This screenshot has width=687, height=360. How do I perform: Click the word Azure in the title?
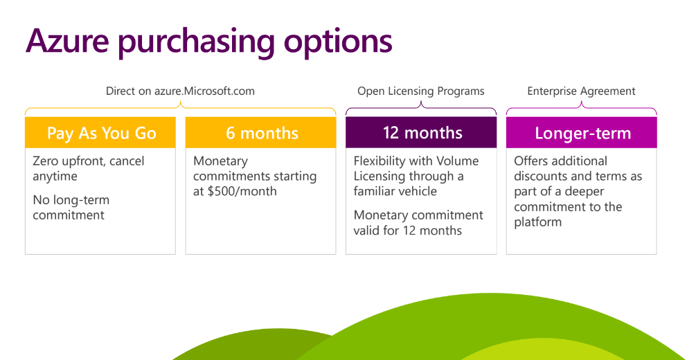(x=67, y=41)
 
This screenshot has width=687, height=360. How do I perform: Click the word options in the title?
(x=338, y=42)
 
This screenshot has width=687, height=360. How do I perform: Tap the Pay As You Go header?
(x=100, y=132)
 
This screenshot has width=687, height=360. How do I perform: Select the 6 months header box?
(x=260, y=132)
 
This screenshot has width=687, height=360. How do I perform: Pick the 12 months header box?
(x=421, y=132)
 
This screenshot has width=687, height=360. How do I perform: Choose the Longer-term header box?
(x=582, y=132)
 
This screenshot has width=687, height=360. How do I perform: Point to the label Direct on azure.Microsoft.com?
(x=180, y=91)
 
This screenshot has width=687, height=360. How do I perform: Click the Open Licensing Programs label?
(x=421, y=91)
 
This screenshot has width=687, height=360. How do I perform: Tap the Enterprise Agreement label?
(x=582, y=91)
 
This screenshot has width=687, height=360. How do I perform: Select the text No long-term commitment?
(x=71, y=208)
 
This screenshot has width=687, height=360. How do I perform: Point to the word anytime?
(x=55, y=177)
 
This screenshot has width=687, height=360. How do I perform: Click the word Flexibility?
(x=380, y=161)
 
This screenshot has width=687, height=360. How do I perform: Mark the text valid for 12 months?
(x=407, y=231)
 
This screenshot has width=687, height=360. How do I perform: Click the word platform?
(x=537, y=222)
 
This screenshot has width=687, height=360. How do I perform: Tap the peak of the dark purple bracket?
(x=421, y=102)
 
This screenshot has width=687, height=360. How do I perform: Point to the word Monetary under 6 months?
(x=220, y=161)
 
